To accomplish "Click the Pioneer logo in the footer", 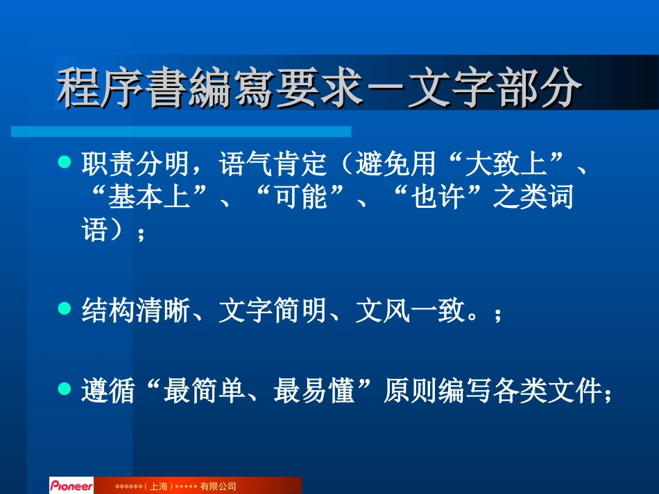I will (71, 486).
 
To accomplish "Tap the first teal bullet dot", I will (65, 163).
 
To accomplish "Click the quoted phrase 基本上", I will (149, 198).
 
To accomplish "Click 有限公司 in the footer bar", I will (219, 486).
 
